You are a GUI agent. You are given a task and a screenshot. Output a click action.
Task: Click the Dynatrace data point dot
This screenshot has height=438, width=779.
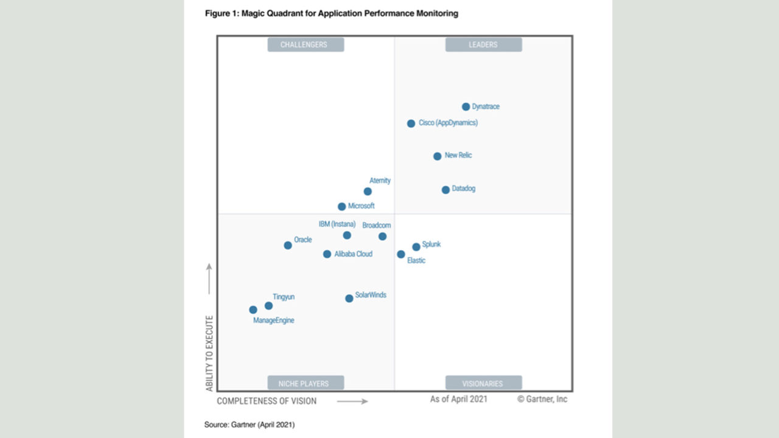tap(466, 106)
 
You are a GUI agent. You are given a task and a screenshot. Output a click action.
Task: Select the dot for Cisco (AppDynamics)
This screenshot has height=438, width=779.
tap(411, 123)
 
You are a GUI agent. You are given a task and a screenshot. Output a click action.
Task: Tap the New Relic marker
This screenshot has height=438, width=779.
tap(437, 156)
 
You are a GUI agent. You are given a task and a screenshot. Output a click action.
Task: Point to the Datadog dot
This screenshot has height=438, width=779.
tap(445, 190)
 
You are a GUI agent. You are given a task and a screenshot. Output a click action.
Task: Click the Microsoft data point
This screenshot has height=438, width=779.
tap(342, 207)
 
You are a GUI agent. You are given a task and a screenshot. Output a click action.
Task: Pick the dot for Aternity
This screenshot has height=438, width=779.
tap(368, 192)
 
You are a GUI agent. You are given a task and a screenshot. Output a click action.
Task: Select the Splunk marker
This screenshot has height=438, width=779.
tap(416, 247)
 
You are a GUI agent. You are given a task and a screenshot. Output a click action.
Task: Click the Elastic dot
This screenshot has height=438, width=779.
tap(401, 254)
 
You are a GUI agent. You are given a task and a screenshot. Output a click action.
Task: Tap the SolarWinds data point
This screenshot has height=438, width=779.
tap(349, 298)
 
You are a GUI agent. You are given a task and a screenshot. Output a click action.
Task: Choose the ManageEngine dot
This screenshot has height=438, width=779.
tap(253, 310)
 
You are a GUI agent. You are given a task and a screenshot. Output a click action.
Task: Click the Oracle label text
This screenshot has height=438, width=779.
tap(303, 240)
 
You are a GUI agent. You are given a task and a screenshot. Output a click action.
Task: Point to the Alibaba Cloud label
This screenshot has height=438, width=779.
tap(353, 254)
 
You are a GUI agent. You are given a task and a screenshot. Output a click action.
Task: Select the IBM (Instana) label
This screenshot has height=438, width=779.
tap(337, 224)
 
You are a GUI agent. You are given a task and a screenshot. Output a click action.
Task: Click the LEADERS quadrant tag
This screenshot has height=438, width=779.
tap(483, 44)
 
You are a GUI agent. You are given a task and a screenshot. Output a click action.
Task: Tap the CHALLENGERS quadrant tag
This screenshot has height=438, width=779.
tap(306, 44)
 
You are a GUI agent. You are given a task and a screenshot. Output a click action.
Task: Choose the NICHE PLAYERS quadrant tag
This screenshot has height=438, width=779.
tap(306, 383)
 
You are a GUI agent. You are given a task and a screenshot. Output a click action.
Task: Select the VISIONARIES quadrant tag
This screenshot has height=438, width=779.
tap(483, 383)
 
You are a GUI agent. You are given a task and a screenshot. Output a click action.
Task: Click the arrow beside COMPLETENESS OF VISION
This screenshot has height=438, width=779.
tap(352, 401)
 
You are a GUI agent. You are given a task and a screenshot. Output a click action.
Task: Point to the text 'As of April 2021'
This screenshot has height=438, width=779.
tap(458, 399)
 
